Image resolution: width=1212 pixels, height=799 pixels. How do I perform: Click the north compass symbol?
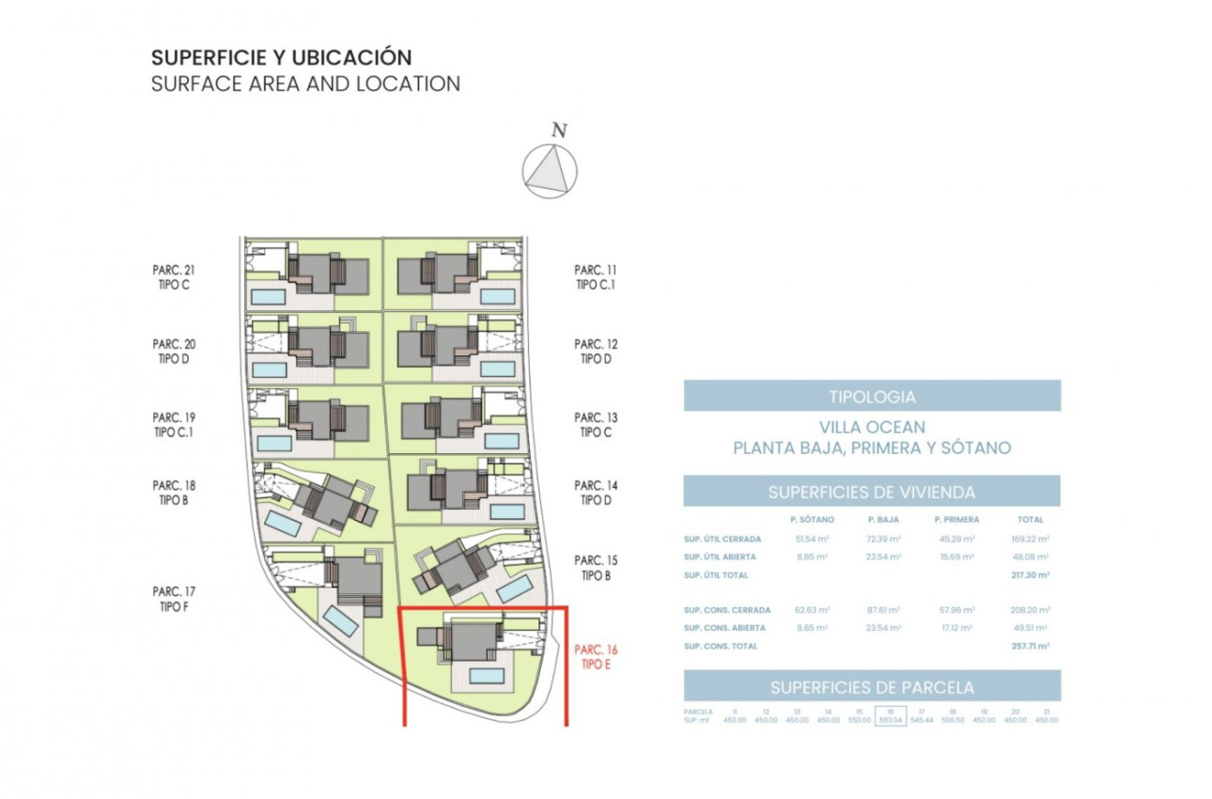[550, 171]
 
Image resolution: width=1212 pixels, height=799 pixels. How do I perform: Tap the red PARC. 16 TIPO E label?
[596, 656]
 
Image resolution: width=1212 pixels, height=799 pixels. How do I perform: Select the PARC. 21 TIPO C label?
[173, 277]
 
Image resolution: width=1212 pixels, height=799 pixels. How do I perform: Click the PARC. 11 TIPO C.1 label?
[596, 277]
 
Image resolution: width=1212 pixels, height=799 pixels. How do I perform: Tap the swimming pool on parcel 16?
[487, 676]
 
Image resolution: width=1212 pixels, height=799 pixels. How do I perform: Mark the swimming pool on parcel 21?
[269, 297]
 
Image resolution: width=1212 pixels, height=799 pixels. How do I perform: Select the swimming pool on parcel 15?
[512, 589]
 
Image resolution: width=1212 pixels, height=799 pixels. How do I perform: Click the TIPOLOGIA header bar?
[871, 396]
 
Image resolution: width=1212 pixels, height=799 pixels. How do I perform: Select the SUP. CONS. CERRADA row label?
[727, 610]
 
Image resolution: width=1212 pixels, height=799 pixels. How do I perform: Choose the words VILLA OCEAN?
[871, 428]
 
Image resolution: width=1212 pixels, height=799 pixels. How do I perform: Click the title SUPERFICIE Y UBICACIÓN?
[282, 57]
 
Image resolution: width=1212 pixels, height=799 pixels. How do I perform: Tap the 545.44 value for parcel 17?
[922, 720]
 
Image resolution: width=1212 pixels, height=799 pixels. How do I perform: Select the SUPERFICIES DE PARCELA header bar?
[871, 686]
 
